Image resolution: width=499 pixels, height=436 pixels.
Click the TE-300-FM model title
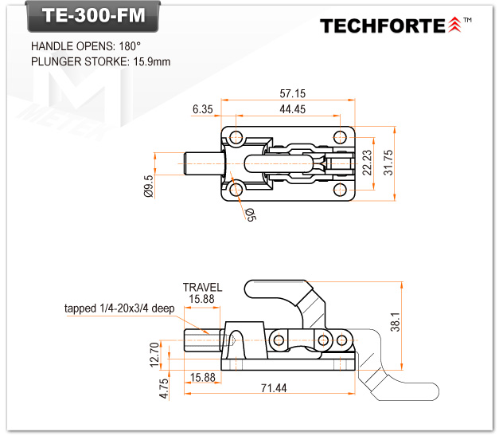point(88,18)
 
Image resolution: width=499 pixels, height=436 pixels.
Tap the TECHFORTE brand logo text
point(384,26)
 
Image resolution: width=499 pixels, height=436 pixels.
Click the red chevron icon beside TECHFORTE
point(454,26)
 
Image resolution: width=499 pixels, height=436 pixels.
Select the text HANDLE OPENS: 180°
point(86,46)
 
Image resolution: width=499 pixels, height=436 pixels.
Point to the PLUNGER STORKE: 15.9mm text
point(100,61)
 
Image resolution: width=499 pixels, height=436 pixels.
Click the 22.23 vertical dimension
point(366,163)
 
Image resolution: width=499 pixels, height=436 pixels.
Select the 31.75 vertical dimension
point(388,163)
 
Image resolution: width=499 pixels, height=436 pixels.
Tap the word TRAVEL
point(202,287)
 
